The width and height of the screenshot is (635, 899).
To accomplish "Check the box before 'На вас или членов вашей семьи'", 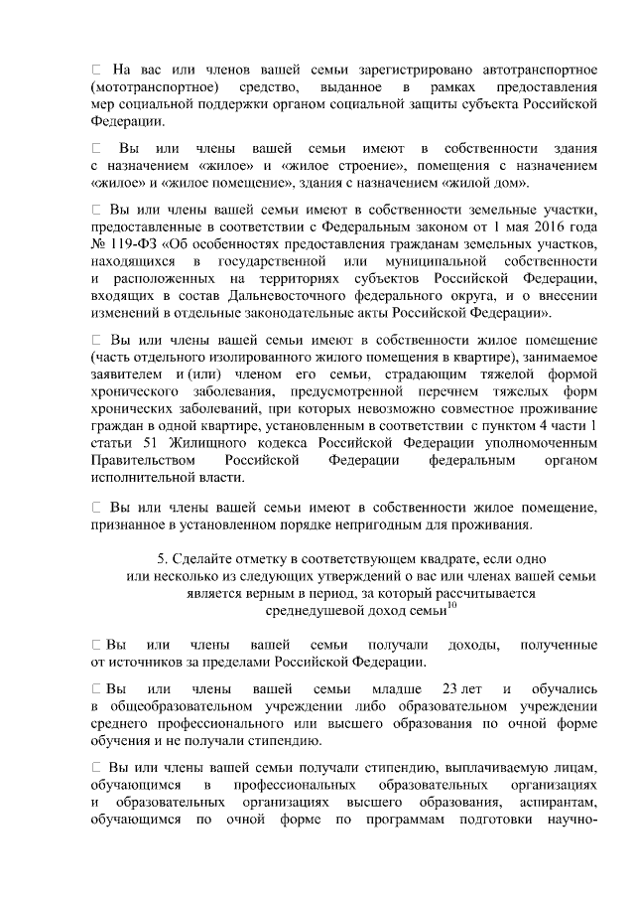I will [96, 70].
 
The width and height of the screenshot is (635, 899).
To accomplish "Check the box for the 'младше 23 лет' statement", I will [95, 688].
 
